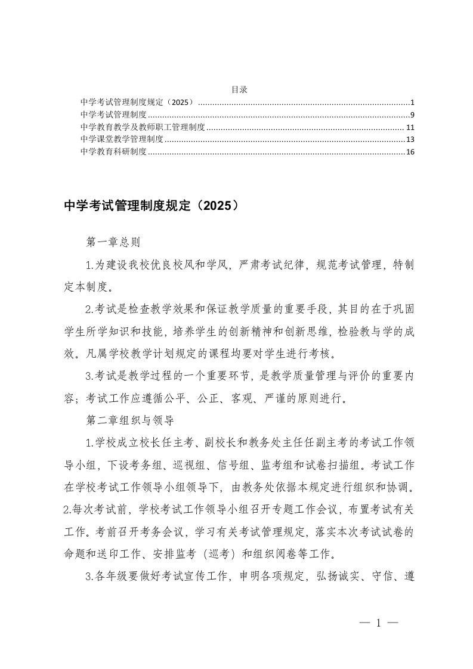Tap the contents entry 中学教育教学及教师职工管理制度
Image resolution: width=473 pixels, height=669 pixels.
[143, 127]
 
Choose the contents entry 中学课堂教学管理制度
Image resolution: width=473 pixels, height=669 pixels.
[122, 140]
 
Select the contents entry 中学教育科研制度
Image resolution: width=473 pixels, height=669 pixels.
[114, 152]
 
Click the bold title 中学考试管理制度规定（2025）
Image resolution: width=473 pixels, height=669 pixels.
[154, 206]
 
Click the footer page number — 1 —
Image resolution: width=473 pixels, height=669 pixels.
[378, 623]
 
